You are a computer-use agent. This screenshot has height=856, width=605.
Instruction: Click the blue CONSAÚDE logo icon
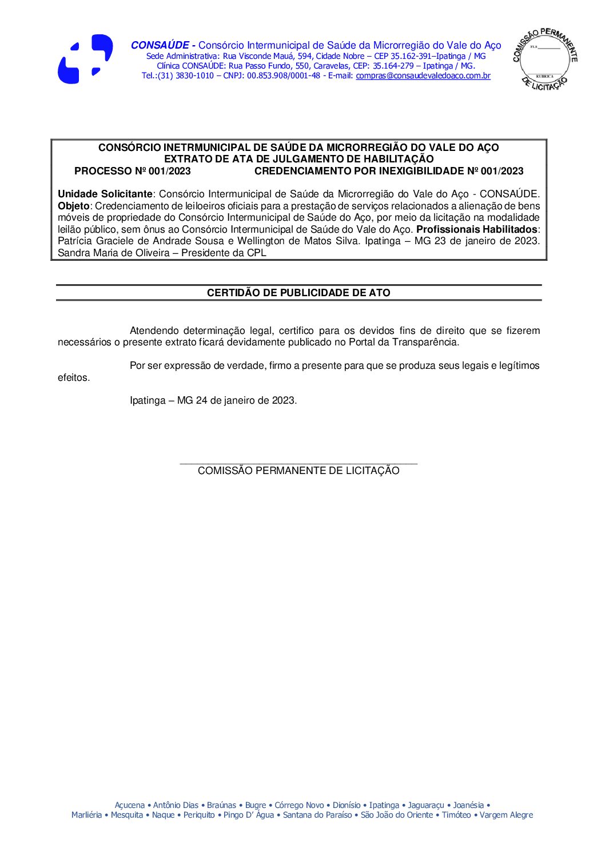tap(85, 59)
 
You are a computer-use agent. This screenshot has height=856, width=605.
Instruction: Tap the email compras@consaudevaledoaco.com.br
tap(423, 75)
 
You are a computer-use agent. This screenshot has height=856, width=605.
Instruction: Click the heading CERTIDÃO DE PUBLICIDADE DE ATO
tap(298, 293)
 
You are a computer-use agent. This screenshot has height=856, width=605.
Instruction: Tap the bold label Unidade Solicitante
tap(105, 194)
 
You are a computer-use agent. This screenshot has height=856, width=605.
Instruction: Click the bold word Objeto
tap(73, 206)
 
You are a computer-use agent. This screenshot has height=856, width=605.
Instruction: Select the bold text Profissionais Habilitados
tap(477, 229)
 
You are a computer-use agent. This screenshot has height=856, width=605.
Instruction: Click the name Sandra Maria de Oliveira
tap(113, 253)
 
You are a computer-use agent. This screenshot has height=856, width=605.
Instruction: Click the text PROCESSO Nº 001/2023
tap(133, 171)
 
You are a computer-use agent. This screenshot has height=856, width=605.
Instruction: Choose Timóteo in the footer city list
tap(456, 815)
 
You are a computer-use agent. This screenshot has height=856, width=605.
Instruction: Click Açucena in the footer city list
tap(129, 805)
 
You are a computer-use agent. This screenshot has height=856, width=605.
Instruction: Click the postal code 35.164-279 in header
tap(393, 66)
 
